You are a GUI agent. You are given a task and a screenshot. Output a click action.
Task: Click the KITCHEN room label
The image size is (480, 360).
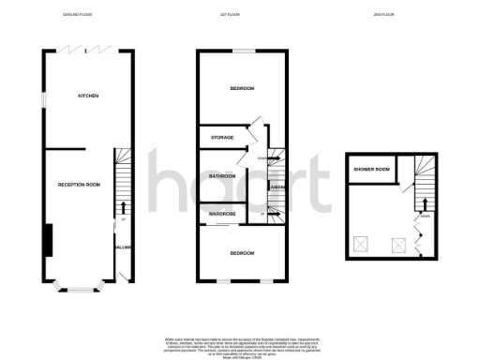coord(88,96)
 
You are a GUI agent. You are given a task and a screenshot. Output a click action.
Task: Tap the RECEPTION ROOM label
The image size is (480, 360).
coord(79,185)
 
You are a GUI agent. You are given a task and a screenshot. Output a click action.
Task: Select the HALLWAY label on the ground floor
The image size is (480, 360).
coord(121,247)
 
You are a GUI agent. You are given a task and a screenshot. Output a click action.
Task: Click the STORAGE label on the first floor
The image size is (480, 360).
coord(221,139)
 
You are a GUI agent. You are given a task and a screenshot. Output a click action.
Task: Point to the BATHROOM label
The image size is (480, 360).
coord(221,175)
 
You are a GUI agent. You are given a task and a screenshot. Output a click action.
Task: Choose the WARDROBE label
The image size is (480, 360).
coord(221,214)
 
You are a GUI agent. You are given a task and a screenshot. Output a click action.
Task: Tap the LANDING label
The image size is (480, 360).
coord(277,188)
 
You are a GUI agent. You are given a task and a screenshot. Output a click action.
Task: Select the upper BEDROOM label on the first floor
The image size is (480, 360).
coord(242,88)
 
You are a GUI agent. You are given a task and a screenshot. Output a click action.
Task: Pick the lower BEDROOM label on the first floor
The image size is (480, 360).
coord(242,253)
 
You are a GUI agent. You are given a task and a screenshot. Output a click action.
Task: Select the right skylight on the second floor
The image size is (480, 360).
coord(397,245)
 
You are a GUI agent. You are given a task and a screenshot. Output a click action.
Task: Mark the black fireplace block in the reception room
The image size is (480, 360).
coord(50,240)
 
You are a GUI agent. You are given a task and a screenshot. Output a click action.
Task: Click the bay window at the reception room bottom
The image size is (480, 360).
coord(77,287)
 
